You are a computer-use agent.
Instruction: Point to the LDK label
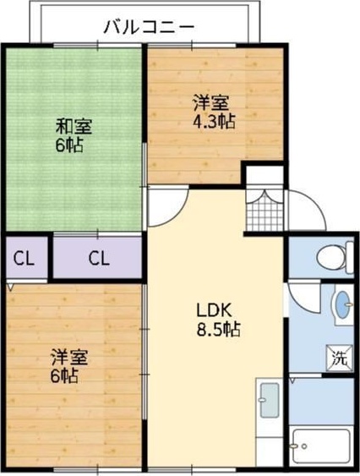click(214, 309)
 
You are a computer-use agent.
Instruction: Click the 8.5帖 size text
click(213, 328)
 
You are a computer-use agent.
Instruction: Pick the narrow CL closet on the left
click(24, 258)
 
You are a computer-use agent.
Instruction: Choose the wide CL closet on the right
click(98, 258)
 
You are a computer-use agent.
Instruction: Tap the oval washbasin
click(341, 304)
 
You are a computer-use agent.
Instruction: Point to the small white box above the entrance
click(263, 175)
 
